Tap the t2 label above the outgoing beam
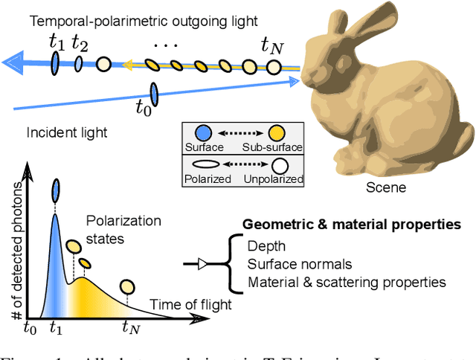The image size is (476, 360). (x=79, y=44)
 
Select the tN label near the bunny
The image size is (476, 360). (x=271, y=46)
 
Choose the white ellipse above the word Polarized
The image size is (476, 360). (x=205, y=165)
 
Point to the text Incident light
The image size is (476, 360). (x=67, y=133)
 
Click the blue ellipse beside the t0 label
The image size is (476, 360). (x=154, y=94)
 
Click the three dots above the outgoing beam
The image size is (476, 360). (x=164, y=45)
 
